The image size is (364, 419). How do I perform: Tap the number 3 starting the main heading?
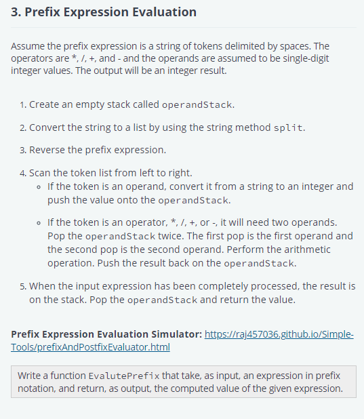coord(15,12)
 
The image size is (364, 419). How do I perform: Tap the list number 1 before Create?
coord(22,105)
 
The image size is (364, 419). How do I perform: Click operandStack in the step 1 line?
coord(198,105)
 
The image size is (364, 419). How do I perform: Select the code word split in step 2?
coord(287,127)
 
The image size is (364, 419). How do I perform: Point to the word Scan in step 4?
coord(41,172)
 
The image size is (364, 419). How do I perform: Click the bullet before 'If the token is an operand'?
coord(40,186)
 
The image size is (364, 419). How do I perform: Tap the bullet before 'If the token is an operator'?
coord(40,222)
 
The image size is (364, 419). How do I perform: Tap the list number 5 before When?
coord(22,286)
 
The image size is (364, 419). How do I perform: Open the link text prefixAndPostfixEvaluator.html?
coord(91,347)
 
